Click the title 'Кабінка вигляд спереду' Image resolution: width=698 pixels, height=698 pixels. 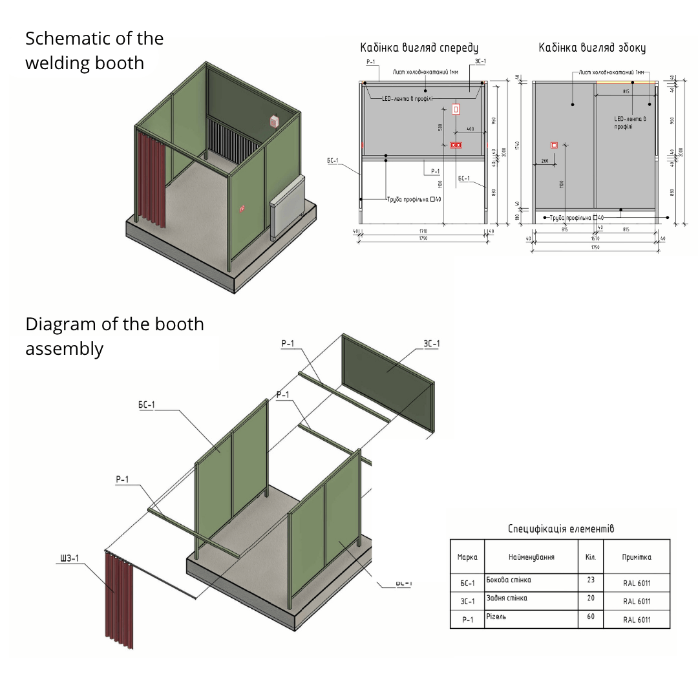point(419,48)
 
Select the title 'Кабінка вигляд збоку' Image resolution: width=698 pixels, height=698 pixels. point(592,48)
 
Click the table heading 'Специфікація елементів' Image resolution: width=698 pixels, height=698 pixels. point(560,529)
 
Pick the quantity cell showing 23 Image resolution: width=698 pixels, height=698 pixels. point(590,580)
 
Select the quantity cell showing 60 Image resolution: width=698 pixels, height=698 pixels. point(590,617)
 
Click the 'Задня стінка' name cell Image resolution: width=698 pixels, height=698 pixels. point(507,598)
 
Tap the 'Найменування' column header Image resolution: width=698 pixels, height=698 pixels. point(531,557)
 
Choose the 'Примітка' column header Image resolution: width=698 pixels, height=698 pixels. point(637,557)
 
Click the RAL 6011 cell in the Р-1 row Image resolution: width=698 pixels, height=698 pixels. point(637,620)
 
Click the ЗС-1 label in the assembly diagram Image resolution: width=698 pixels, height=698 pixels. point(431,343)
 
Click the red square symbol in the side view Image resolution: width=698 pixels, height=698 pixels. point(554,145)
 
